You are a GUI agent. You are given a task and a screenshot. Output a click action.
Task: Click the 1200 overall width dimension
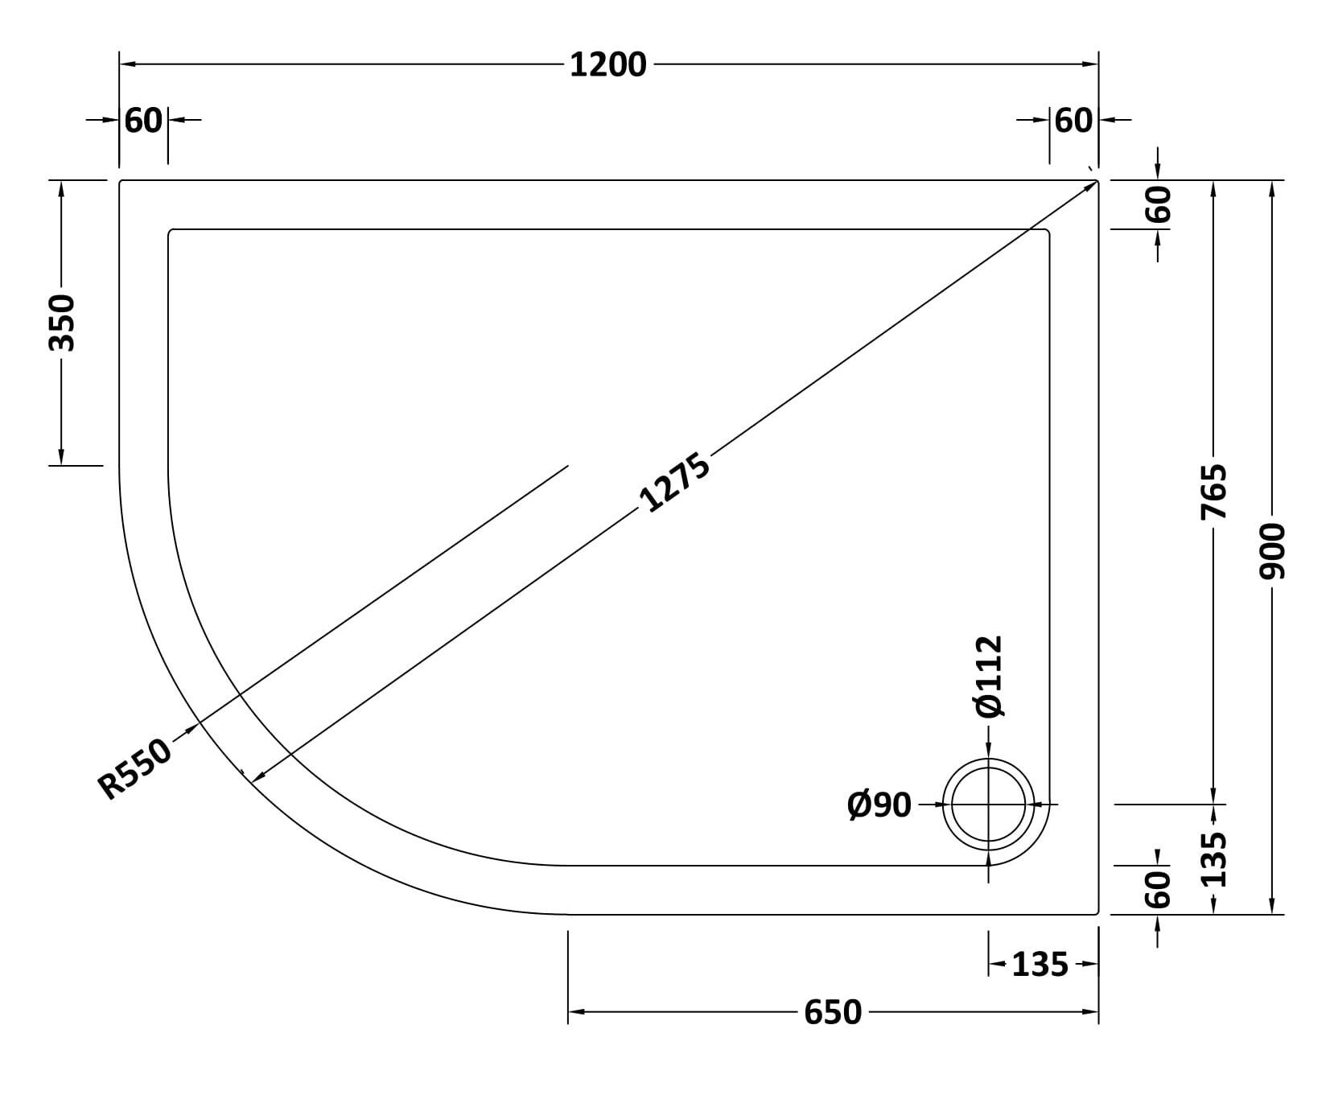[607, 64]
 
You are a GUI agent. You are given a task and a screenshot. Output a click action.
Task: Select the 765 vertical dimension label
[1214, 491]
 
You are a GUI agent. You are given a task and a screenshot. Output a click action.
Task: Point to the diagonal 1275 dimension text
[674, 483]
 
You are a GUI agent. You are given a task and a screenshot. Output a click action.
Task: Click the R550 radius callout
[134, 769]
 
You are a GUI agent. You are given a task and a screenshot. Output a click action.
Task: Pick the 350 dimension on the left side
[62, 323]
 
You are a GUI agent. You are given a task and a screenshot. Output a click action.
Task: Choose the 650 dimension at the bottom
[833, 1012]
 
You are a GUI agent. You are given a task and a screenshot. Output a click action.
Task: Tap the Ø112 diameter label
[989, 676]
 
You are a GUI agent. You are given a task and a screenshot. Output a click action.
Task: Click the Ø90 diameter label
[879, 805]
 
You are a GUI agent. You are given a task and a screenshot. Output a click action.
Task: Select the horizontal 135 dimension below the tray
[1040, 964]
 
